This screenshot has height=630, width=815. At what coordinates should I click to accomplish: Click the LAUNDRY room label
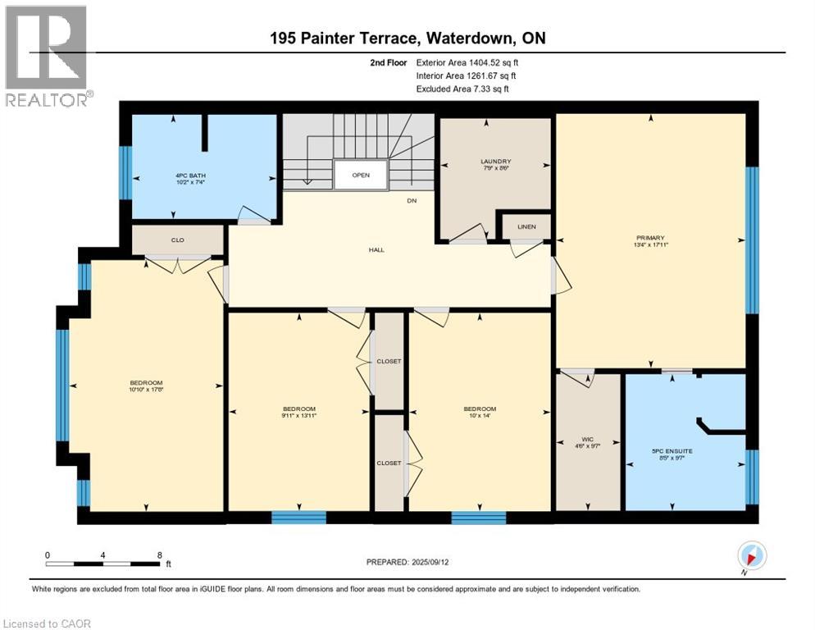pyautogui.click(x=496, y=162)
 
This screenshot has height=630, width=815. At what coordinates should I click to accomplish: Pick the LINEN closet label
pyautogui.click(x=526, y=226)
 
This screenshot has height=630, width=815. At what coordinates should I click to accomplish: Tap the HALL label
pyautogui.click(x=376, y=250)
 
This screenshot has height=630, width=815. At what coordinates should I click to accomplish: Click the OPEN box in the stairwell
pyautogui.click(x=361, y=175)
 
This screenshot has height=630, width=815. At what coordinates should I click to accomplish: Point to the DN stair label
pyautogui.click(x=413, y=201)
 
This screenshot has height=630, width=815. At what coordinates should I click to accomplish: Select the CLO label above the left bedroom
pyautogui.click(x=176, y=241)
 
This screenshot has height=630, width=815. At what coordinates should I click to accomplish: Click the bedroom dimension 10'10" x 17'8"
pyautogui.click(x=147, y=390)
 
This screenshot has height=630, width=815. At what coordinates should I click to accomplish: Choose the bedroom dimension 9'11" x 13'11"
pyautogui.click(x=299, y=416)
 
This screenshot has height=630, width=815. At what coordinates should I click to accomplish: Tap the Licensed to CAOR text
pyautogui.click(x=47, y=623)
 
